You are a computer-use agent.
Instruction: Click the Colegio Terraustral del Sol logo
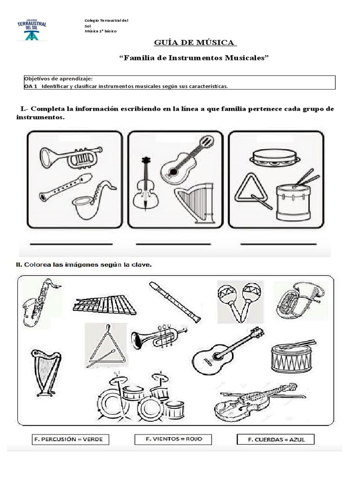(x=32, y=30)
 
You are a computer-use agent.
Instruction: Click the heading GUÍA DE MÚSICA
(x=195, y=43)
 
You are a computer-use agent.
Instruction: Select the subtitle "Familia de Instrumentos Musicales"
(x=195, y=58)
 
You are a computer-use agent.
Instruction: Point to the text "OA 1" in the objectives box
(x=30, y=86)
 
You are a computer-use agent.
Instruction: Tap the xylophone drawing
(x=104, y=305)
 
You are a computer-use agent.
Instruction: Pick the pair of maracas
(x=239, y=302)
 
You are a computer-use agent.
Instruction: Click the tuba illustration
(x=298, y=300)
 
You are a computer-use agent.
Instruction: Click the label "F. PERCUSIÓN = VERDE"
(x=70, y=440)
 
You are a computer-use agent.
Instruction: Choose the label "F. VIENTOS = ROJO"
(x=172, y=440)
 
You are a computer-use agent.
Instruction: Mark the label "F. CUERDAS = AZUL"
(x=275, y=440)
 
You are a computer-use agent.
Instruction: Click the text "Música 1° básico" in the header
(x=100, y=31)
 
